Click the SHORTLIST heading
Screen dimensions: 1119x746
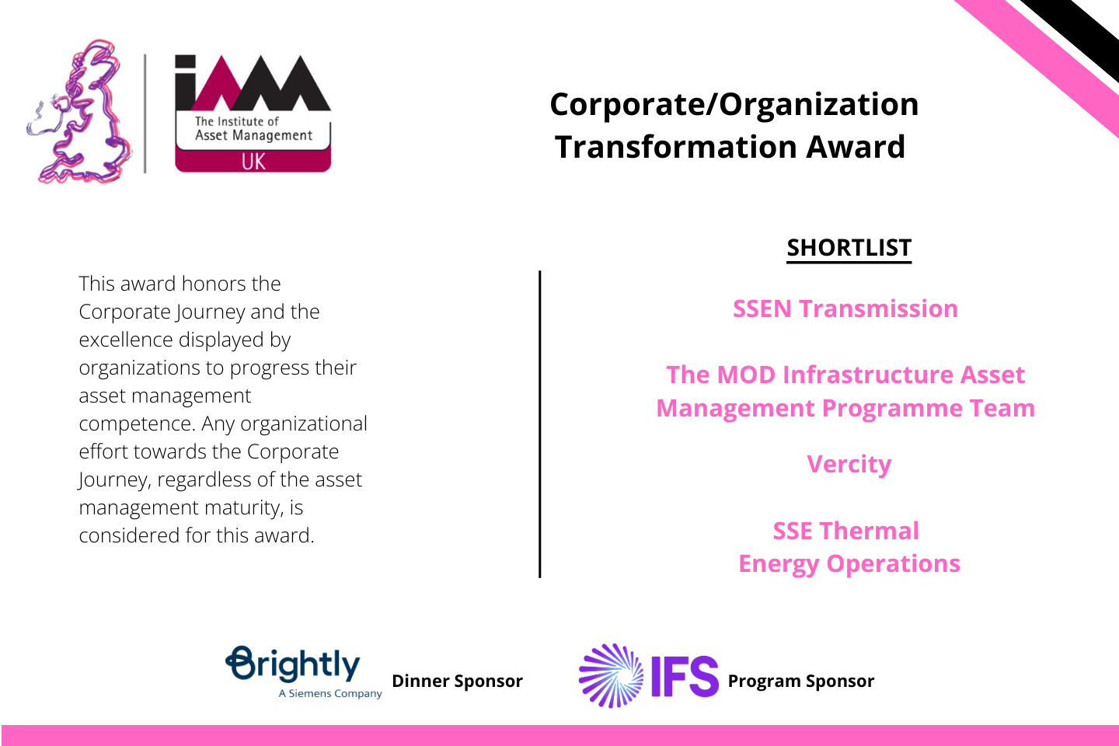point(849,248)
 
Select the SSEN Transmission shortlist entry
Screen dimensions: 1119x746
point(845,309)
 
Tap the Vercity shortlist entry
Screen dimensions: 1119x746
point(849,465)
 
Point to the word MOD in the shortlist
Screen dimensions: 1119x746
point(746,375)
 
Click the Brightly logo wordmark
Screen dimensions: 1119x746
point(293,664)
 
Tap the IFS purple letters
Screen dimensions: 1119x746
point(685,676)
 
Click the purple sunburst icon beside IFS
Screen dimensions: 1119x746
point(611,675)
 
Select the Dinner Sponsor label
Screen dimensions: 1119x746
point(457,681)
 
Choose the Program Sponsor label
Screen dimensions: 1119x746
point(800,681)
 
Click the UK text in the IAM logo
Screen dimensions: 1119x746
point(253,162)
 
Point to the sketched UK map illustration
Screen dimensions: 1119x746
point(79,111)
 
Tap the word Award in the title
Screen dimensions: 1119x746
point(856,147)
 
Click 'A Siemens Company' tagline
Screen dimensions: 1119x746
point(330,693)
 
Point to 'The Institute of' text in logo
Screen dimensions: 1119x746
point(237,121)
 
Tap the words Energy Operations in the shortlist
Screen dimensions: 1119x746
point(849,564)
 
